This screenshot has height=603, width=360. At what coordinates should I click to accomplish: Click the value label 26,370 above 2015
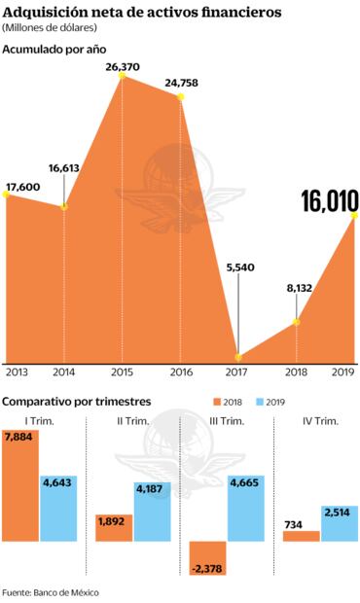pyautogui.click(x=121, y=66)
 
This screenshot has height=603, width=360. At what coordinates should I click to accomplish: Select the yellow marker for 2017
pyautogui.click(x=238, y=357)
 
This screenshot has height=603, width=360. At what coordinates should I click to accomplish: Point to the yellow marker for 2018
pyautogui.click(x=297, y=322)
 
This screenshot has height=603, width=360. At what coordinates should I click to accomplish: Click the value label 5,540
pyautogui.click(x=239, y=267)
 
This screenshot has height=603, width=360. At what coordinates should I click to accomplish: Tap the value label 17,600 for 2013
pyautogui.click(x=23, y=187)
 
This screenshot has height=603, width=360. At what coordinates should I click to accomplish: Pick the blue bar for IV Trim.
pyautogui.click(x=340, y=523)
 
